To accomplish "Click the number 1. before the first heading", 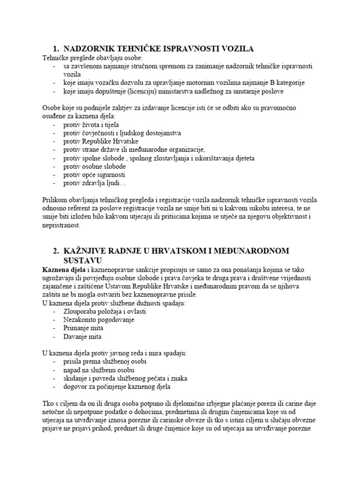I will [56, 48].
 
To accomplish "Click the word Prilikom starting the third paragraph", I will [55, 200].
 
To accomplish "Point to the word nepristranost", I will [61, 225].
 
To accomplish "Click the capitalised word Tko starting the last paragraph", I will [48, 403].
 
